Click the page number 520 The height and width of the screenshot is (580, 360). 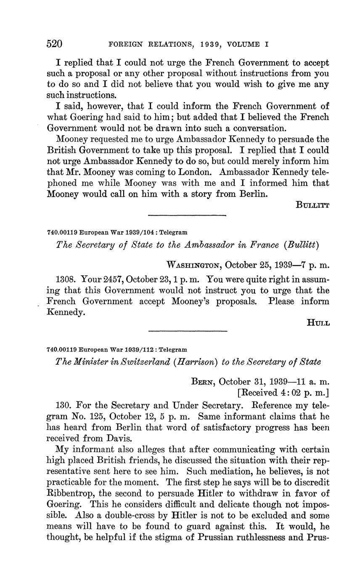click(55, 44)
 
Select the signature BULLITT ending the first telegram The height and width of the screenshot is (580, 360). click(312, 205)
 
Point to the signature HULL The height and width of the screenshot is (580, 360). click(319, 323)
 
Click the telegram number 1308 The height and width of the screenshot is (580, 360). click(66, 279)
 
